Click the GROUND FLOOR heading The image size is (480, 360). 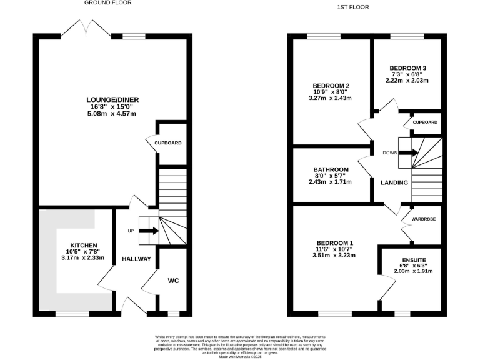pyautogui.click(x=107, y=3)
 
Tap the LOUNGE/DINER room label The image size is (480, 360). pyautogui.click(x=113, y=99)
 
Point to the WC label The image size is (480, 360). pyautogui.click(x=173, y=281)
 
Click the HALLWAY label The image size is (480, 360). pyautogui.click(x=136, y=259)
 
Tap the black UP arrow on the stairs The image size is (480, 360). pyautogui.click(x=148, y=231)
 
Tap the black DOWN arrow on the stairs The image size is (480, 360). pyautogui.click(x=407, y=152)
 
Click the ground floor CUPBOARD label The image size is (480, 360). pyautogui.click(x=168, y=143)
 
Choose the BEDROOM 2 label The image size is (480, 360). pyautogui.click(x=331, y=86)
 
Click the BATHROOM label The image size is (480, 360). pyautogui.click(x=331, y=169)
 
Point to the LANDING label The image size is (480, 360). pyautogui.click(x=394, y=182)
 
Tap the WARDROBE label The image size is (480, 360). pyautogui.click(x=422, y=220)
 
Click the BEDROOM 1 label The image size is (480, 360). pyautogui.click(x=334, y=243)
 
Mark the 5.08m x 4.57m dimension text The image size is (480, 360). pyautogui.click(x=113, y=113)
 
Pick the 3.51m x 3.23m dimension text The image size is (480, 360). pyautogui.click(x=334, y=256)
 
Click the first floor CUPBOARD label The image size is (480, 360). pyautogui.click(x=425, y=122)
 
